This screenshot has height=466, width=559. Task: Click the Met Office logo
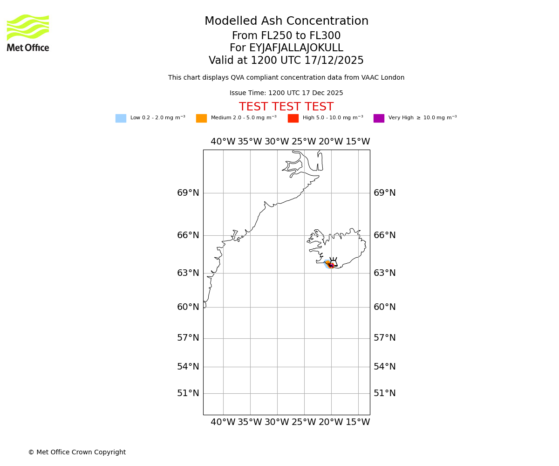click(28, 33)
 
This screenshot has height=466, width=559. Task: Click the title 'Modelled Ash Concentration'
click(286, 21)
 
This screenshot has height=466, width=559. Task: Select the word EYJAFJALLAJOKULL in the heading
click(296, 48)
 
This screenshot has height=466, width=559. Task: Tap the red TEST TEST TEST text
click(286, 107)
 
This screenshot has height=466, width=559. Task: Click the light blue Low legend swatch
click(121, 118)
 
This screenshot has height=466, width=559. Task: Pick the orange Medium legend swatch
click(201, 118)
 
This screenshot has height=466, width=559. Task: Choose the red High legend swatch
click(293, 118)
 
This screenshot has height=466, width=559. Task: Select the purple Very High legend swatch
click(379, 118)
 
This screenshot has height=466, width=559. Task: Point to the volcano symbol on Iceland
click(333, 262)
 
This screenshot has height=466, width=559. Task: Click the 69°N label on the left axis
click(188, 193)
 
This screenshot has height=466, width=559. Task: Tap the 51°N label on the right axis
click(384, 393)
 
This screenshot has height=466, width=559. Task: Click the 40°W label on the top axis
click(223, 142)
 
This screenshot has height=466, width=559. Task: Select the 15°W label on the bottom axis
click(358, 422)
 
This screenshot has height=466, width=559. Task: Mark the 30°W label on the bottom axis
click(277, 422)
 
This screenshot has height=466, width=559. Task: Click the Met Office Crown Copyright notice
click(77, 452)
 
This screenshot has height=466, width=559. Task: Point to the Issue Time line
click(286, 93)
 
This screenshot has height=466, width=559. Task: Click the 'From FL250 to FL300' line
click(286, 36)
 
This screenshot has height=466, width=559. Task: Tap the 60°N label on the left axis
click(188, 307)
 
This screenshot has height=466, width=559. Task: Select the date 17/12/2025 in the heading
click(334, 61)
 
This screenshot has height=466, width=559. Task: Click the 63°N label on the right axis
click(384, 273)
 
